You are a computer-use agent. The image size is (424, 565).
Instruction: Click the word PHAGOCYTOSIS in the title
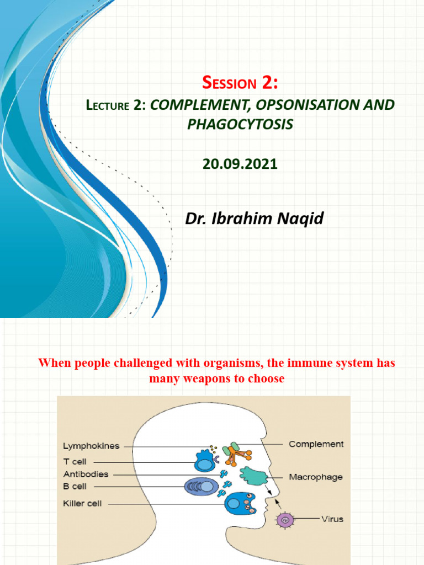pyautogui.click(x=240, y=124)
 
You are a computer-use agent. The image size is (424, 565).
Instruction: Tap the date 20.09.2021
pyautogui.click(x=240, y=164)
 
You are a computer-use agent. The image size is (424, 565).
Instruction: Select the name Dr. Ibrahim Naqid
pyautogui.click(x=255, y=218)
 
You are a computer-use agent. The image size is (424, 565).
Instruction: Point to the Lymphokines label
pyautogui.click(x=91, y=446)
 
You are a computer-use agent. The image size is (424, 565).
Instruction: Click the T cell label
pyautogui.click(x=75, y=461)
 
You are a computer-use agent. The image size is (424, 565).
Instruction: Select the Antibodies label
pyautogui.click(x=86, y=474)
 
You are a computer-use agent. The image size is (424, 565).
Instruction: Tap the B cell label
pyautogui.click(x=75, y=486)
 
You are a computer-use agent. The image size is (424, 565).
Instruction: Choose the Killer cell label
pyautogui.click(x=82, y=503)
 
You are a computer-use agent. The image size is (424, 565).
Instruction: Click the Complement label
pyautogui.click(x=316, y=444)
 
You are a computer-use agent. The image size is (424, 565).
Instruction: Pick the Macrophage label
pyautogui.click(x=316, y=477)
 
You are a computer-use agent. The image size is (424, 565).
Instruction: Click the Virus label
pyautogui.click(x=333, y=519)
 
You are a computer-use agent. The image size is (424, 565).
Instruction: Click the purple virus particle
pyautogui.click(x=285, y=519)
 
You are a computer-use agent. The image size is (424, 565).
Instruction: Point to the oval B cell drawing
pyautogui.click(x=201, y=486)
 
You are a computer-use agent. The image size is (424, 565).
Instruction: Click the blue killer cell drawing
pyautogui.click(x=240, y=504)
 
